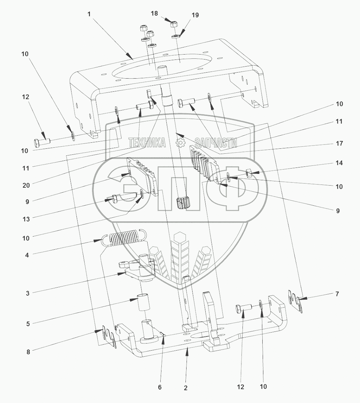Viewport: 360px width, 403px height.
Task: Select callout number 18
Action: [x=154, y=13]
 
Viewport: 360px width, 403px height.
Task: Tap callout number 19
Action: [x=195, y=15]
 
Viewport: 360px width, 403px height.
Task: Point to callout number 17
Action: [x=339, y=144]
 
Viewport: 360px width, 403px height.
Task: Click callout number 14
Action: [x=339, y=163]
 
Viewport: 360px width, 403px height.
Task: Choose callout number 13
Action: [x=25, y=219]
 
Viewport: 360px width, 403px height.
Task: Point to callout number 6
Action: [x=160, y=387]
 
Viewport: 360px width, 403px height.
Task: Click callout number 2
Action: [x=185, y=388]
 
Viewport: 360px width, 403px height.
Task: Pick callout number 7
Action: [x=337, y=294]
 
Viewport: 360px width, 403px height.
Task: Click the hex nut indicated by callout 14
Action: [x=249, y=173]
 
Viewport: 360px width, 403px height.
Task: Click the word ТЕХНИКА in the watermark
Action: [x=147, y=143]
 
